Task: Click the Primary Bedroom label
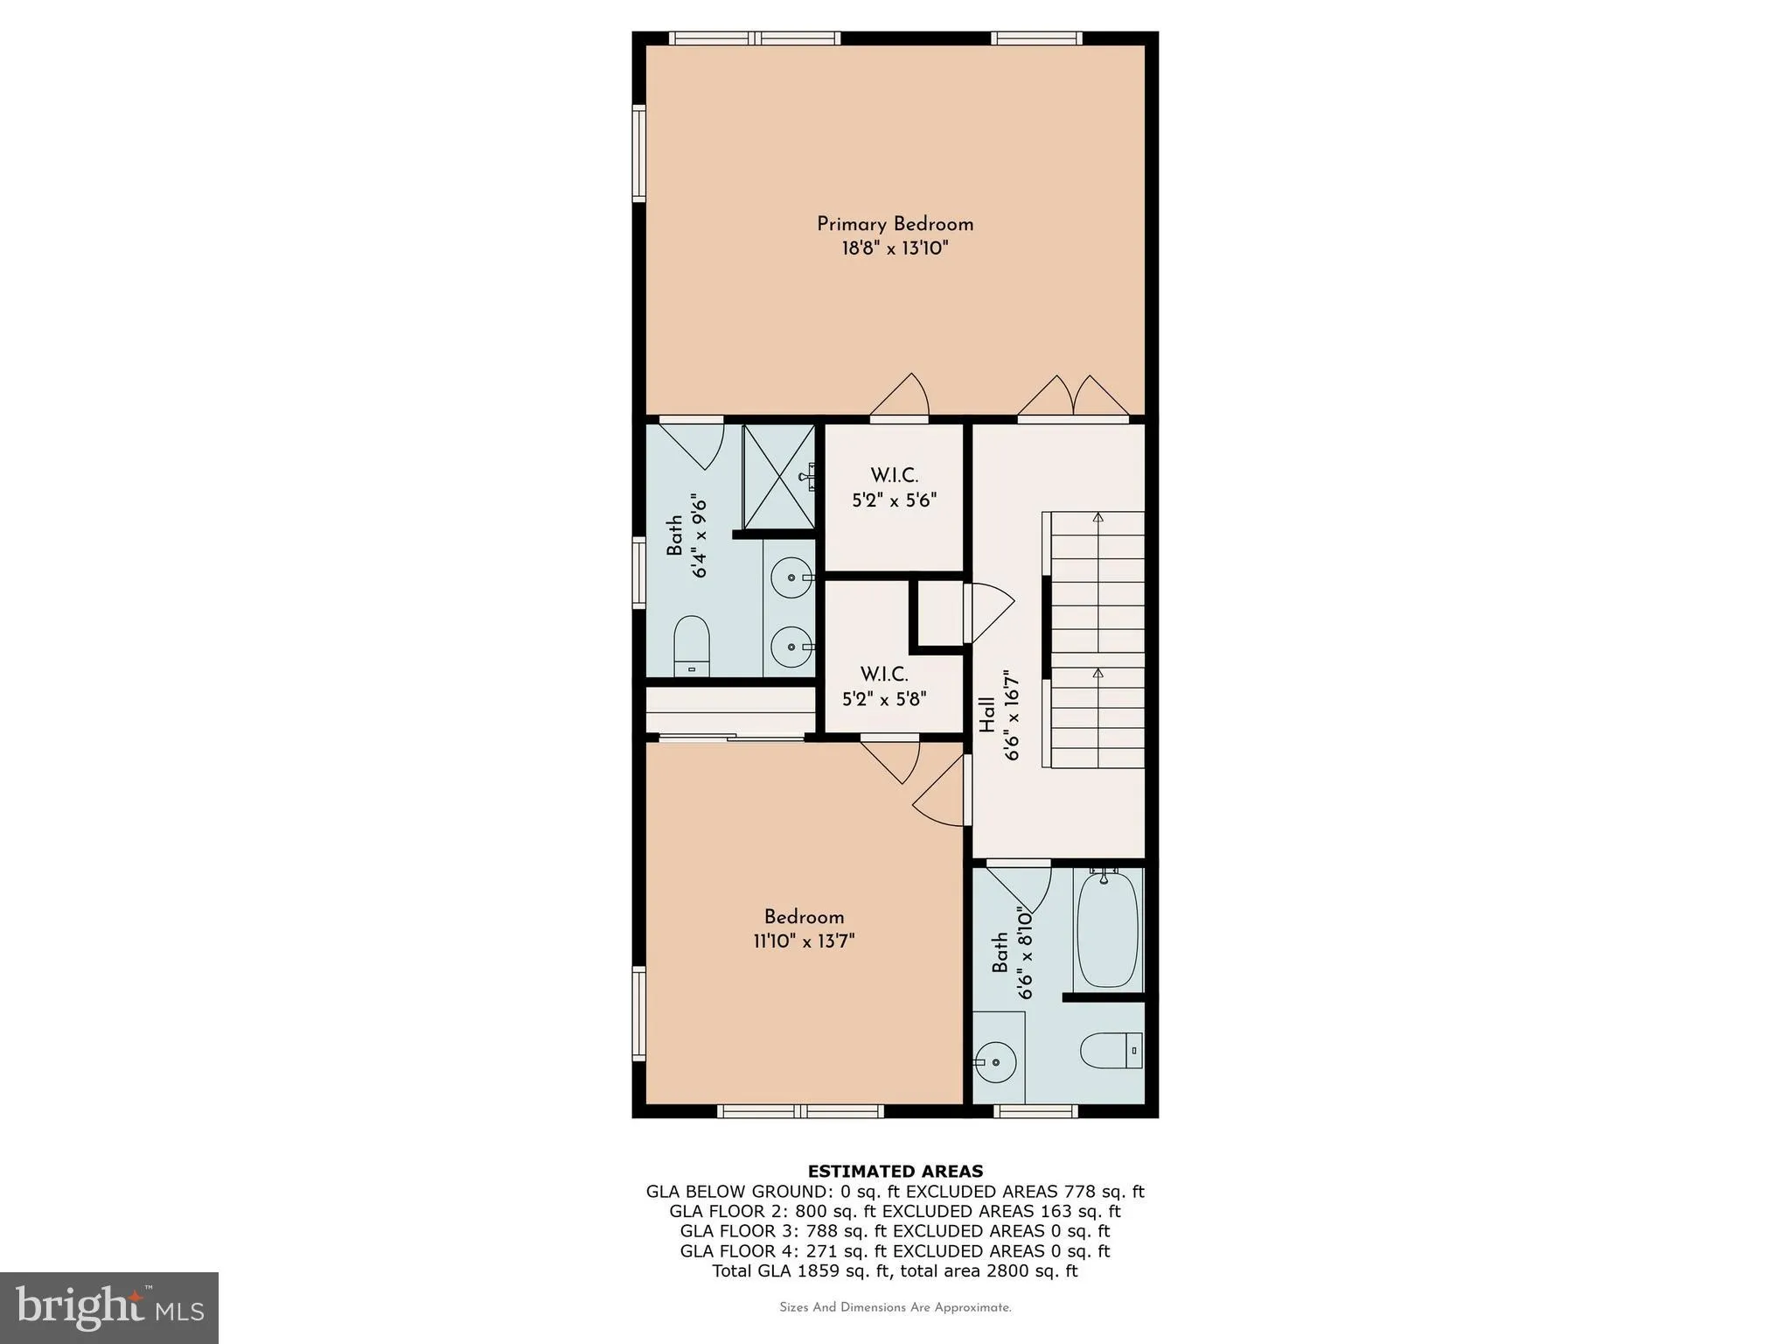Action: pos(895,224)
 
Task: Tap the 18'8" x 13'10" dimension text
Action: pos(895,248)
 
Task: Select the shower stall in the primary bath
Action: pos(777,477)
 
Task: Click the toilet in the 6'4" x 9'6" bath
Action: pos(691,645)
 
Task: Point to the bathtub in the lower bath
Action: pos(1107,928)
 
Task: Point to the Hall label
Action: pos(986,715)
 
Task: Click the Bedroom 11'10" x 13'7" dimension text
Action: pos(804,941)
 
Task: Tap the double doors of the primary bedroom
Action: pos(1073,398)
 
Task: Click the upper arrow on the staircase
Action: pos(1098,518)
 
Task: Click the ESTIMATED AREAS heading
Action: pos(895,1172)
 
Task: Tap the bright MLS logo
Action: pos(109,1308)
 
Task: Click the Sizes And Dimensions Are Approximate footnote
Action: pos(895,1308)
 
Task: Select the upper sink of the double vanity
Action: pos(791,577)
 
